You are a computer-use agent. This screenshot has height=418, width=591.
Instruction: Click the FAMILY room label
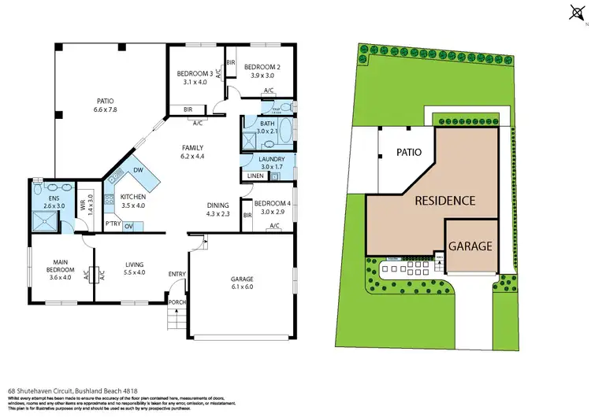[x=193, y=147]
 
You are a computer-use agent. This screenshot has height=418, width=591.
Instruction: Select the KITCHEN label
[x=132, y=197]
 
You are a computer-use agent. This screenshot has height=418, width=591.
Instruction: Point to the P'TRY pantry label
[x=112, y=225]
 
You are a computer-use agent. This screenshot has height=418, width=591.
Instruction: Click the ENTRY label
[x=177, y=274]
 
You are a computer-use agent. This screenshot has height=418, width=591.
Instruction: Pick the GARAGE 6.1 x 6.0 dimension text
[x=242, y=288]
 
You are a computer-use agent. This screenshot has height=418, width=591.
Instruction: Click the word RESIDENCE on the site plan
[x=445, y=200]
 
